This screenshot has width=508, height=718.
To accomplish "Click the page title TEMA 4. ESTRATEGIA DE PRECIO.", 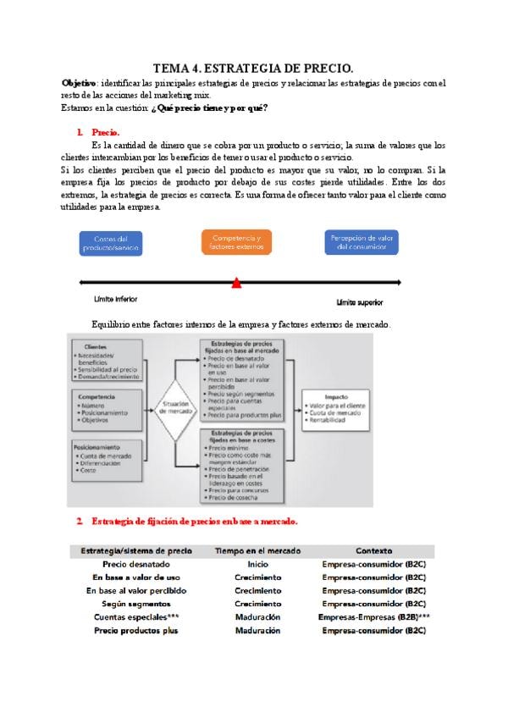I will [x=253, y=68].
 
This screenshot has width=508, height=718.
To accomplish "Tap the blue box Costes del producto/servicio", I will [x=111, y=243].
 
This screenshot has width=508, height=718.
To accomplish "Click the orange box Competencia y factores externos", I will [x=237, y=241].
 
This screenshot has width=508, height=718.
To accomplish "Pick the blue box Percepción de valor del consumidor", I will [x=362, y=242].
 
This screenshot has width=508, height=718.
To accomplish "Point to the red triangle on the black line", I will [x=236, y=284].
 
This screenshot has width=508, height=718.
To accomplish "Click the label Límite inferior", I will [x=116, y=299].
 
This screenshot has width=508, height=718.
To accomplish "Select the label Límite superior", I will [x=360, y=301].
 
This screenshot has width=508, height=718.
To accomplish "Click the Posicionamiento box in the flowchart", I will [x=108, y=457].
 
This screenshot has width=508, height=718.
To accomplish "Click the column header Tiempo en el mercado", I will [x=257, y=550].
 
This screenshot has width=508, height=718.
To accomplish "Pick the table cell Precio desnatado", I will [x=135, y=563].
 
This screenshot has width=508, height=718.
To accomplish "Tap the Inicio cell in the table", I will [x=257, y=563].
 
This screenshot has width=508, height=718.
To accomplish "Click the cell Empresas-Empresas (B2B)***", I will [x=373, y=617].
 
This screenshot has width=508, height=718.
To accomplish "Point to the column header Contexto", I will [x=373, y=550].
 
